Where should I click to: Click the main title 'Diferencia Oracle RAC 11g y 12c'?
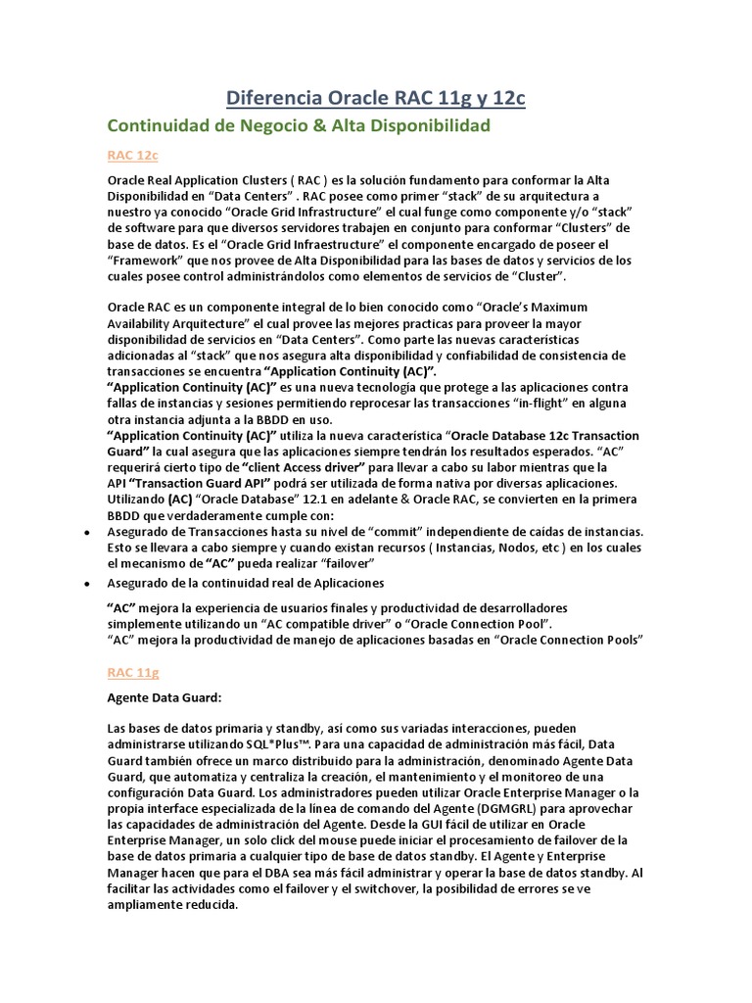coord(376,97)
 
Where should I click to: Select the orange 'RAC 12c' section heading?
coord(133,156)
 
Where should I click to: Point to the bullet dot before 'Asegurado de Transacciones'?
coord(87,532)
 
